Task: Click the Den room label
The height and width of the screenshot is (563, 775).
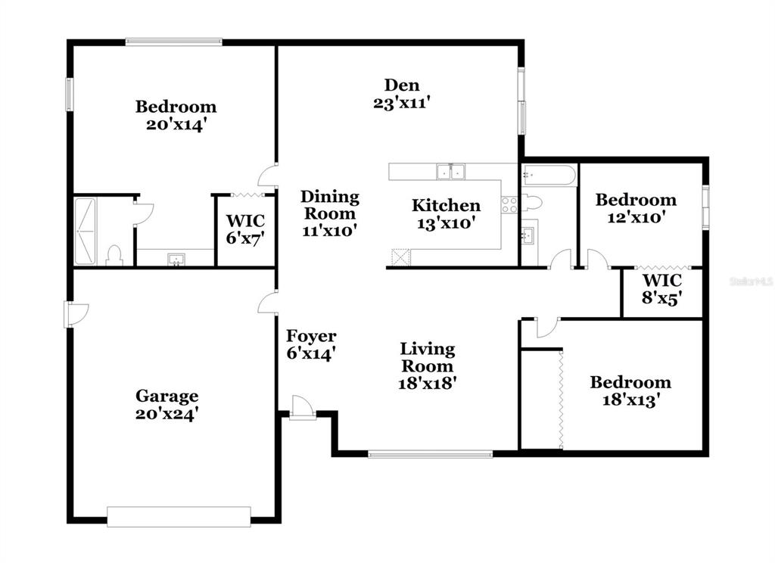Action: (402, 85)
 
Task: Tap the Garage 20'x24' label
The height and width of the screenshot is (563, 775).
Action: (167, 404)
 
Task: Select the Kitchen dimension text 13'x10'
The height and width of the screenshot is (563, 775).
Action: (446, 223)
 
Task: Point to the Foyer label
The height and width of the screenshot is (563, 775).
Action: (311, 336)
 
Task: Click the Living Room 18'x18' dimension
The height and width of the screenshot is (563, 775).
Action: (427, 383)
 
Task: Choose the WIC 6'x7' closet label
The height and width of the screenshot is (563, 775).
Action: (245, 229)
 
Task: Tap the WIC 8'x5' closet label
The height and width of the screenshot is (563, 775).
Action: (662, 289)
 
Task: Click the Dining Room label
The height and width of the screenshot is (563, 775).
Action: (330, 205)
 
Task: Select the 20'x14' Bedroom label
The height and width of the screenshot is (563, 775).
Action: (176, 116)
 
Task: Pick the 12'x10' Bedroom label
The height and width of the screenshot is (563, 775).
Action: (636, 209)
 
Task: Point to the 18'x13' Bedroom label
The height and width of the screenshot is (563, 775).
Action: (630, 391)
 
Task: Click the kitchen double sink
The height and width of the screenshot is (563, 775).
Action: (451, 172)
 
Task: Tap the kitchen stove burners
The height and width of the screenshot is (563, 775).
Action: (509, 204)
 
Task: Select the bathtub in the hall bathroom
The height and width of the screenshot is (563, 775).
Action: (549, 175)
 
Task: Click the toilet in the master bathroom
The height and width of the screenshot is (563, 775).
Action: (114, 256)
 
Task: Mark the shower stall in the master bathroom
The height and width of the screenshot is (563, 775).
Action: (85, 232)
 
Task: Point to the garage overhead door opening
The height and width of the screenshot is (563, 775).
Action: (179, 517)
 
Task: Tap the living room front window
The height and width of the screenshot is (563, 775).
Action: (431, 454)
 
